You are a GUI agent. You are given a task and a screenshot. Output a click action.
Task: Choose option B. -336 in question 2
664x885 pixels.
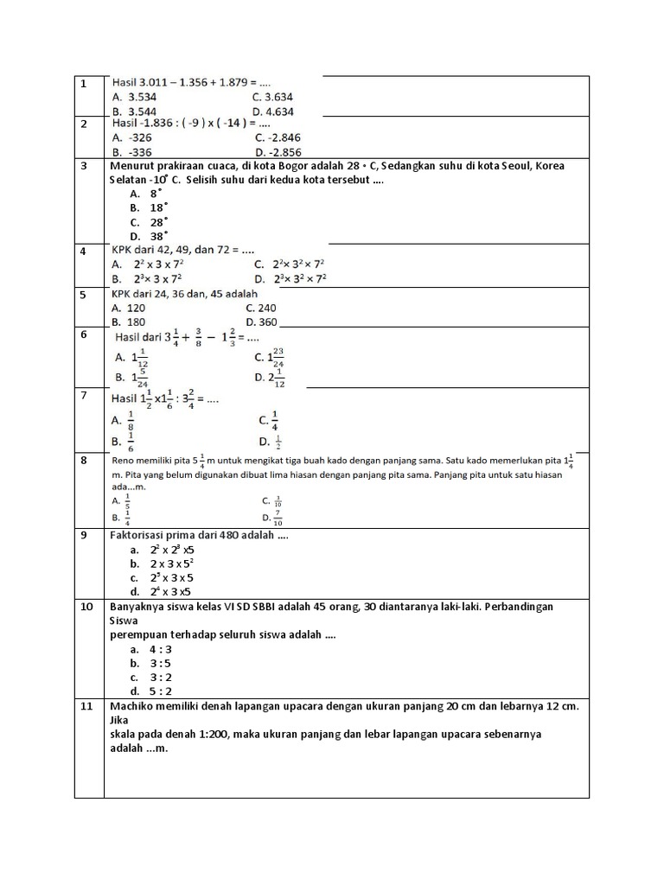[132, 151]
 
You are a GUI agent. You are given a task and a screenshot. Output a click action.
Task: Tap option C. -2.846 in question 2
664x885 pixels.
[278, 137]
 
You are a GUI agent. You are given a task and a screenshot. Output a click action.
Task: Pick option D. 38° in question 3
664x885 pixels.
[147, 236]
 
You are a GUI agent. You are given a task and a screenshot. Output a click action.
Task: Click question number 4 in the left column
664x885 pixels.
[84, 251]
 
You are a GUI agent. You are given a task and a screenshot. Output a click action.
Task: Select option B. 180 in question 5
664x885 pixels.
[129, 322]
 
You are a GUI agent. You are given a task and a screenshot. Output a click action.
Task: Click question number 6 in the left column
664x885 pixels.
[84, 334]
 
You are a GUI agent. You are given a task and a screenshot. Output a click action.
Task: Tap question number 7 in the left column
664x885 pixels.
[84, 396]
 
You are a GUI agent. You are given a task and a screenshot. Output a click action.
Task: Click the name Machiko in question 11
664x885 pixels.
[134, 706]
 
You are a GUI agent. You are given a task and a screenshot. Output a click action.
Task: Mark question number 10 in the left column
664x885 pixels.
[86, 607]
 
